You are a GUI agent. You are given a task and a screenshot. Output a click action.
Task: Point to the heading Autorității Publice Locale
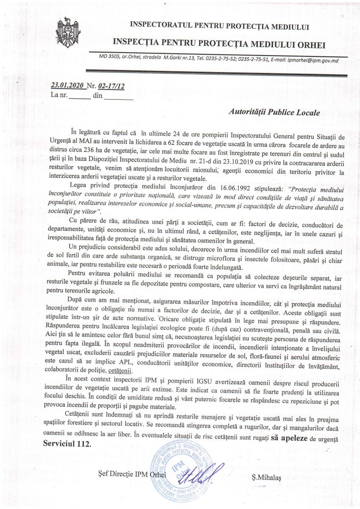[x=274, y=113]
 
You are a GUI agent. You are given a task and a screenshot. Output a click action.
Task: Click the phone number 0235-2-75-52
[x=218, y=61]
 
